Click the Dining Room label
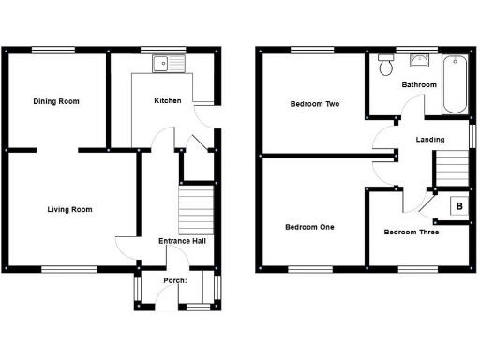[x=54, y=101]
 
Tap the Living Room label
[x=69, y=209]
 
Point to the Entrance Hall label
[x=182, y=241]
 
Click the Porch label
[x=175, y=280]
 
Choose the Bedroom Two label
[x=312, y=104]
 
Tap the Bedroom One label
[x=308, y=227]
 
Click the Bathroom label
[x=419, y=85]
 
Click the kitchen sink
[x=172, y=63]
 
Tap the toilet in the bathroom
[x=384, y=65]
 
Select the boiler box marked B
[x=459, y=206]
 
